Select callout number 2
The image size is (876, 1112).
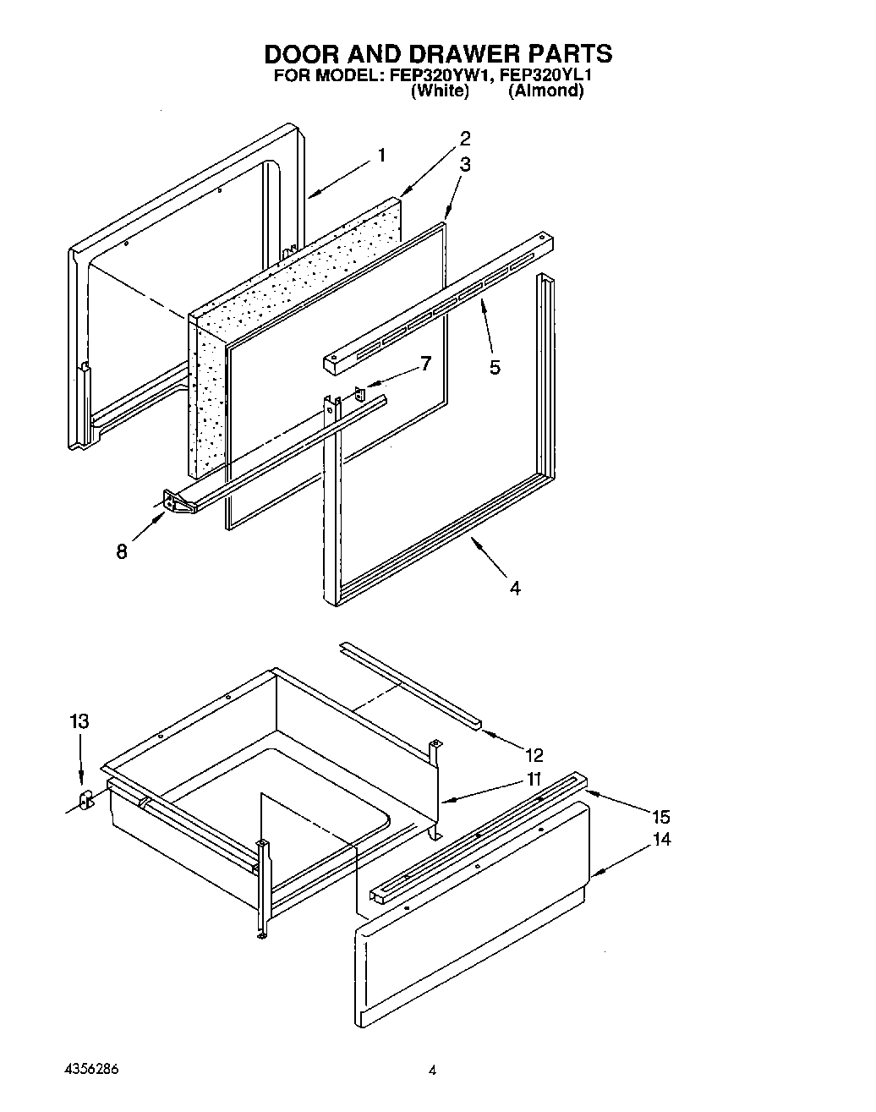tap(464, 139)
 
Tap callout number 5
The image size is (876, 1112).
tap(495, 367)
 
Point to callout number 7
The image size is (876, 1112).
tap(425, 364)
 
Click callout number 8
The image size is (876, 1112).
tap(122, 551)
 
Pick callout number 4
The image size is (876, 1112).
tap(515, 588)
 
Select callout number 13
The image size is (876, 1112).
tap(79, 722)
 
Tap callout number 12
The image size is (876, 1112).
tap(534, 755)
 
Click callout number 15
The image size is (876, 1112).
tap(660, 817)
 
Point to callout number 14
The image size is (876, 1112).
tap(660, 840)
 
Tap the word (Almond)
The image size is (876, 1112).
tap(545, 90)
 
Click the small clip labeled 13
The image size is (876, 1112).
tap(85, 800)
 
